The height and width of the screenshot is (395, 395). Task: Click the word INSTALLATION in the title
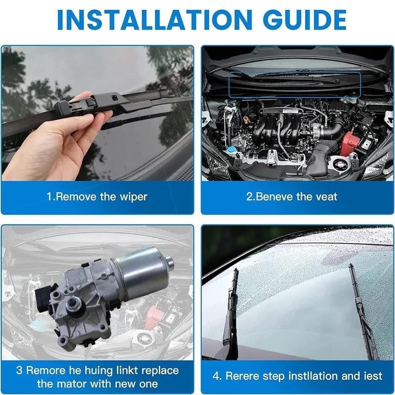click(155, 20)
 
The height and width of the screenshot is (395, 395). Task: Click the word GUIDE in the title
click(306, 20)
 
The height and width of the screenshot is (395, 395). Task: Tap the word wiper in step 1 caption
click(133, 197)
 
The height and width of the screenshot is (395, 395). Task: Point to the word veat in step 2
click(326, 197)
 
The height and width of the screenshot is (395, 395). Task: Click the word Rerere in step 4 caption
click(242, 376)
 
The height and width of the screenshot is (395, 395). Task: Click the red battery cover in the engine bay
click(349, 143)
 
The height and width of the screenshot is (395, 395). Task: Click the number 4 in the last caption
click(216, 376)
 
